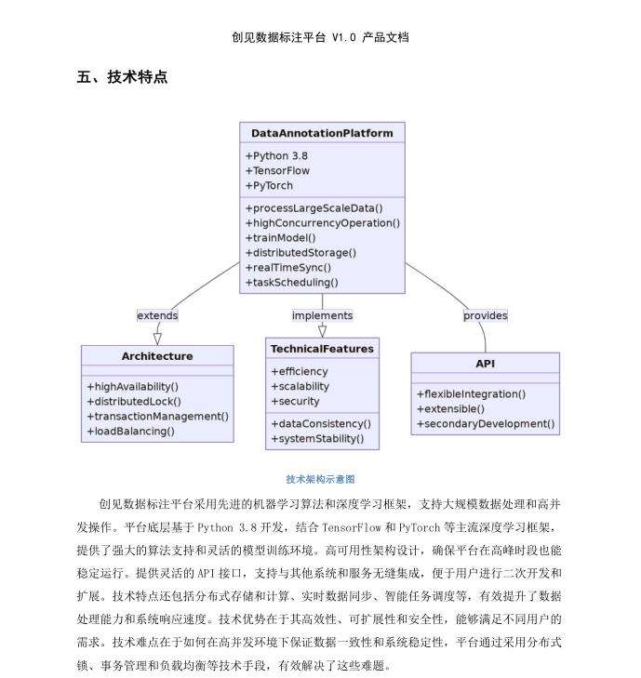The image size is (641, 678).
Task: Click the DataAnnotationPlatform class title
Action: pos(322,133)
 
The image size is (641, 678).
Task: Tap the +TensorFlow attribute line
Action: pos(277,171)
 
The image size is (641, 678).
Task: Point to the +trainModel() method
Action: pos(280,237)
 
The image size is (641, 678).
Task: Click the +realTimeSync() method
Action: pos(287,267)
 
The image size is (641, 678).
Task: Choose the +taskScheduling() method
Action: pos(292,282)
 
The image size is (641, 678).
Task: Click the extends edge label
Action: pos(157,315)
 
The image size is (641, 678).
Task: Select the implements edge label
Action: pos(322,315)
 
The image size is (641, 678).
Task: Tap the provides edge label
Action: pos(485,315)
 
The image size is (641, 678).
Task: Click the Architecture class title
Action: pos(157,356)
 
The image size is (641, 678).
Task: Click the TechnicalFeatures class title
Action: pos(322,349)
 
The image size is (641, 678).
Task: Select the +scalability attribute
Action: pos(300,387)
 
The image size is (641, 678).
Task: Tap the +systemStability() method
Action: pos(317,439)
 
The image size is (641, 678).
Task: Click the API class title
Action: pos(485,363)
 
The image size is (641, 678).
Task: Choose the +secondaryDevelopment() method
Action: pos(485,424)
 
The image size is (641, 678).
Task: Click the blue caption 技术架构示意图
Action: pos(320,479)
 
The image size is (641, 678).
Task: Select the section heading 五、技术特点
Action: pos(122,78)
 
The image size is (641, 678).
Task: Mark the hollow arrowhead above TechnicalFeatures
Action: pos(322,330)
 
